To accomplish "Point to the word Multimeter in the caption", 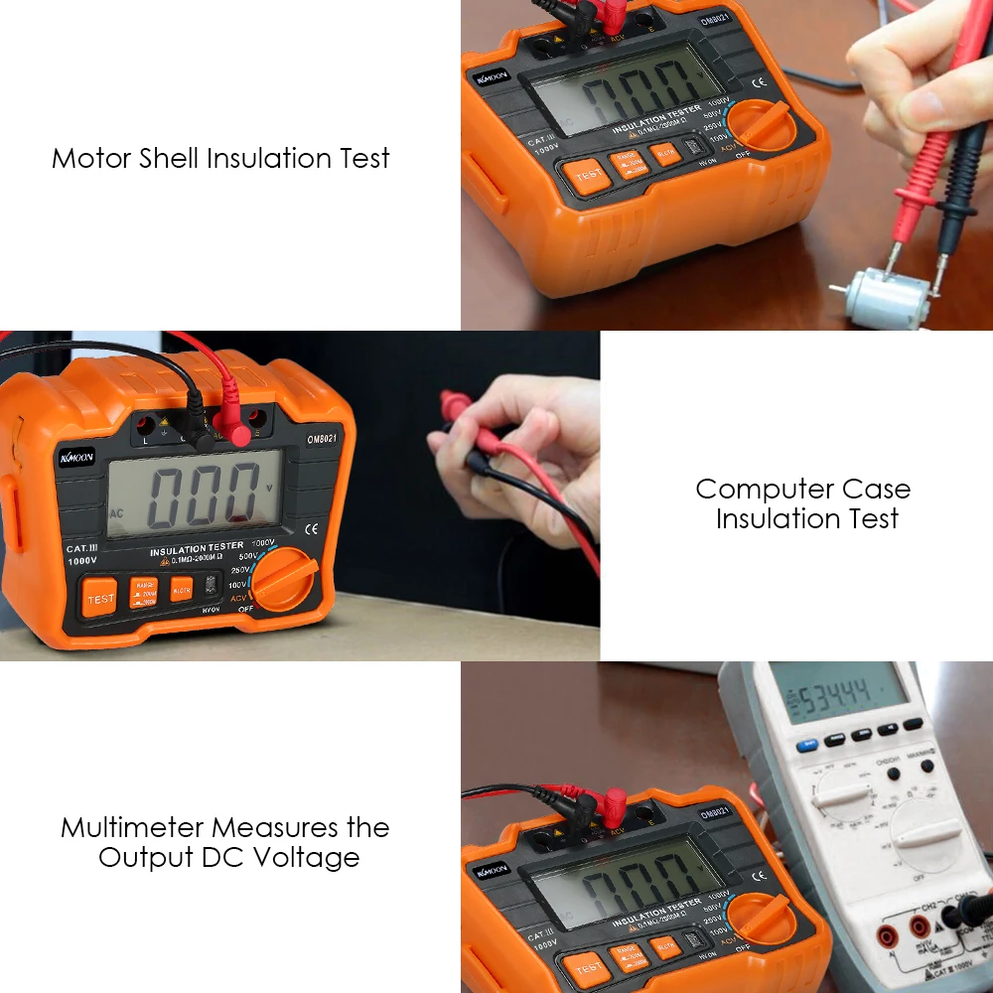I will [x=132, y=827].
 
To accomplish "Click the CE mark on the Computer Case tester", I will [x=311, y=528].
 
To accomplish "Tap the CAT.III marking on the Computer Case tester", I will [x=82, y=548].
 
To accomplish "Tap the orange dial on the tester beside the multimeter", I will [x=763, y=919].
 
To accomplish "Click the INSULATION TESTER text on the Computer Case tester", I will [x=196, y=548].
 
